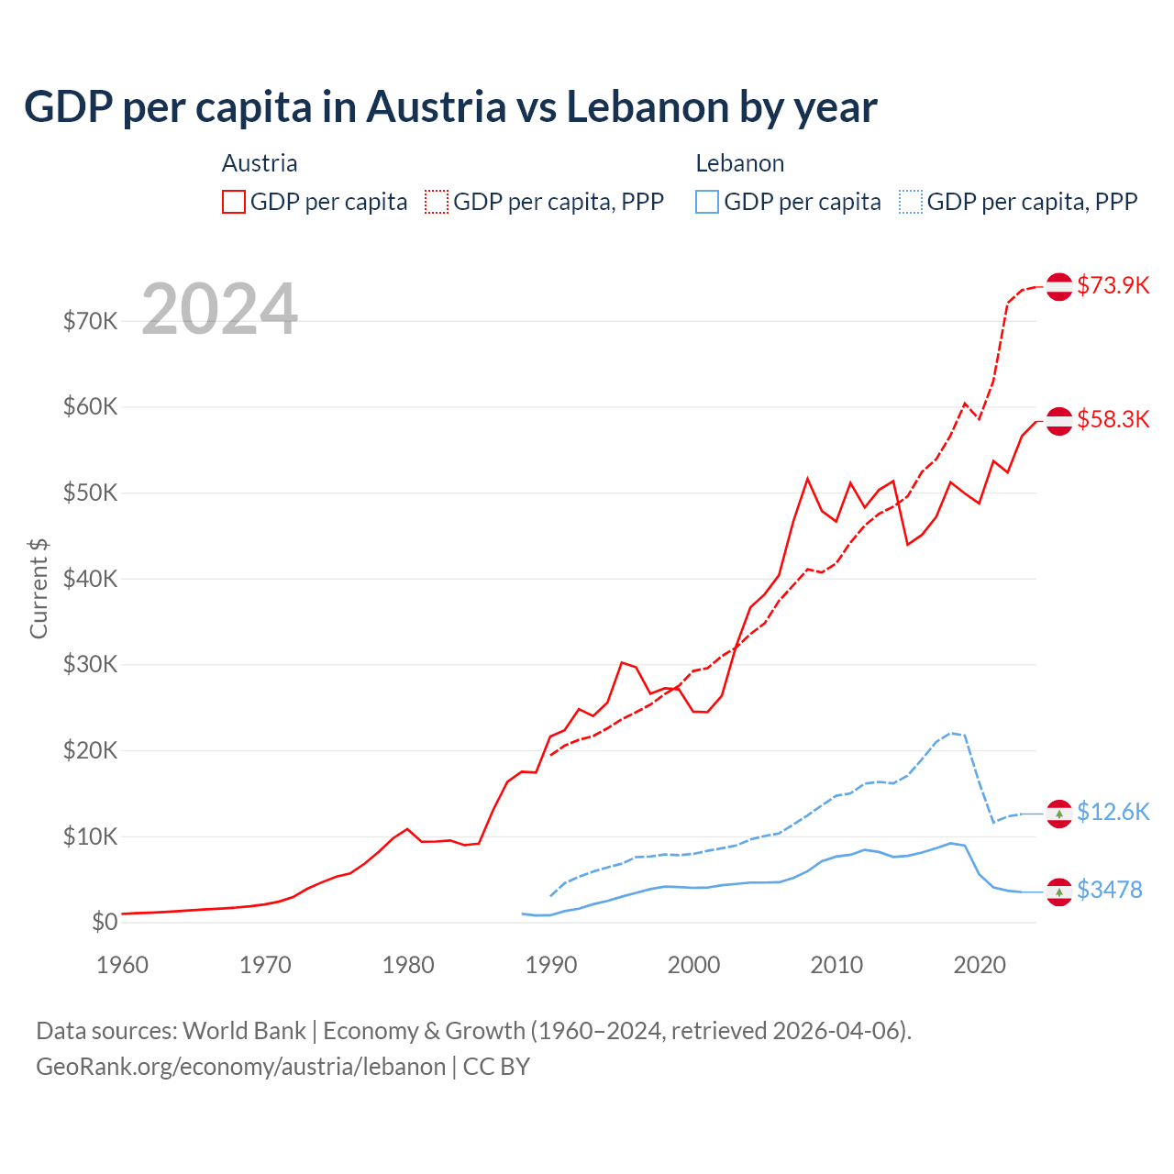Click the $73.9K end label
tap(1113, 285)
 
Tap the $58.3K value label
tap(1113, 419)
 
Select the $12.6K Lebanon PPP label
tap(1113, 812)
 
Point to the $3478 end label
tap(1109, 890)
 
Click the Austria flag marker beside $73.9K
tap(1059, 286)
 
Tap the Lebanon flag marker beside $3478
tap(1059, 892)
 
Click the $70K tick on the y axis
tap(90, 321)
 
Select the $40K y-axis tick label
tap(90, 579)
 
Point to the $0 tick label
tap(105, 922)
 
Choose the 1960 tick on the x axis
tap(122, 965)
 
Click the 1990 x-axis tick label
tap(551, 965)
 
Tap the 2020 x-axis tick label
tap(980, 965)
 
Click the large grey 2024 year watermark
tap(220, 309)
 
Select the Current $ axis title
tap(39, 589)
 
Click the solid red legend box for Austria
tap(234, 202)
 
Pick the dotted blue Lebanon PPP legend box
tap(911, 202)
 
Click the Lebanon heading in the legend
tap(739, 163)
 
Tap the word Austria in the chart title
tap(437, 106)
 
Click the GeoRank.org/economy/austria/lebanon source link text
tap(240, 1067)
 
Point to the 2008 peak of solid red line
tap(807, 478)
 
